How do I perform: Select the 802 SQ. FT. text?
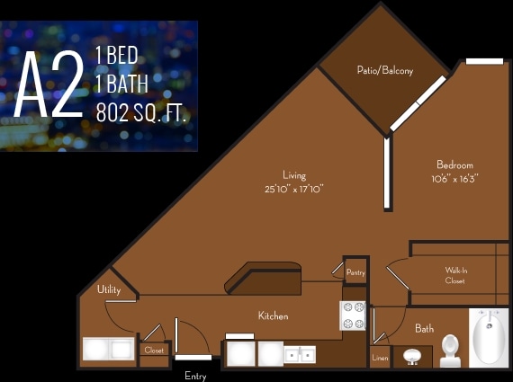144,113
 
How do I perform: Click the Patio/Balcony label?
384,70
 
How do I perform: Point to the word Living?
293,175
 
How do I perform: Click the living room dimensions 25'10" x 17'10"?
293,190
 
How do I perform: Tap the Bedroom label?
454,164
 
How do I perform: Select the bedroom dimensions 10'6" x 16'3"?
454,178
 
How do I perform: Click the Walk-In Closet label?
455,275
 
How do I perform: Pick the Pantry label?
355,271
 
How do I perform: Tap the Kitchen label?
273,315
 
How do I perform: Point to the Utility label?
109,289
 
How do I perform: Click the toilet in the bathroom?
450,350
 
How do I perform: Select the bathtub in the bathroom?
490,336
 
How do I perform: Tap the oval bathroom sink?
412,356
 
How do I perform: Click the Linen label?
380,359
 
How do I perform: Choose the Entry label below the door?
195,376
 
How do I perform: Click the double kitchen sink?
299,354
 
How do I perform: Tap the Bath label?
424,329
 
